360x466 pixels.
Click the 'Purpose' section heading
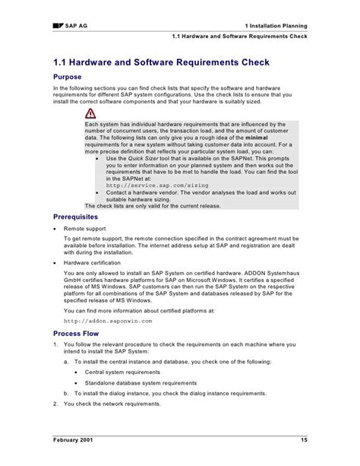click(69, 78)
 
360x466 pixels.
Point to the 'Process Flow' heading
click(78, 333)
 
